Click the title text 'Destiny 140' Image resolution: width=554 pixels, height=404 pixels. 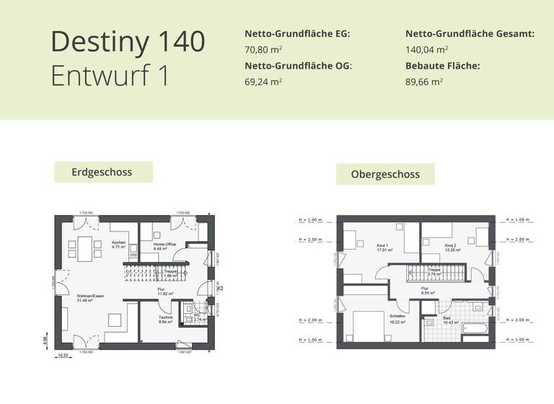point(128,42)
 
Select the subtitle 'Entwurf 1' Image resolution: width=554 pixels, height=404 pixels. point(110,76)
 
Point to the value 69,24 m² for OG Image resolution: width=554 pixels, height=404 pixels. point(263,82)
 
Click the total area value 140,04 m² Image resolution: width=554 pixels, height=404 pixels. point(426,50)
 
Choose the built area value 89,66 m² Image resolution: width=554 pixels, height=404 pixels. point(424,82)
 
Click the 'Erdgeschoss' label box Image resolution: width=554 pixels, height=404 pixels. point(103,172)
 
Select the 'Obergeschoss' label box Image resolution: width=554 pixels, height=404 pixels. point(385,174)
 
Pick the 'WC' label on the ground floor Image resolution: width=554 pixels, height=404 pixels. point(195,315)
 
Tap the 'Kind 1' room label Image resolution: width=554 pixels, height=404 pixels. point(382,247)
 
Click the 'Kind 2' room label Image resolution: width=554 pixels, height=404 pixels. point(451,247)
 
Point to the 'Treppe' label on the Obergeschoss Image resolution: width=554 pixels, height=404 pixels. point(434,271)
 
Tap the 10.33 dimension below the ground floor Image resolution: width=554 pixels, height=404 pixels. point(63,354)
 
